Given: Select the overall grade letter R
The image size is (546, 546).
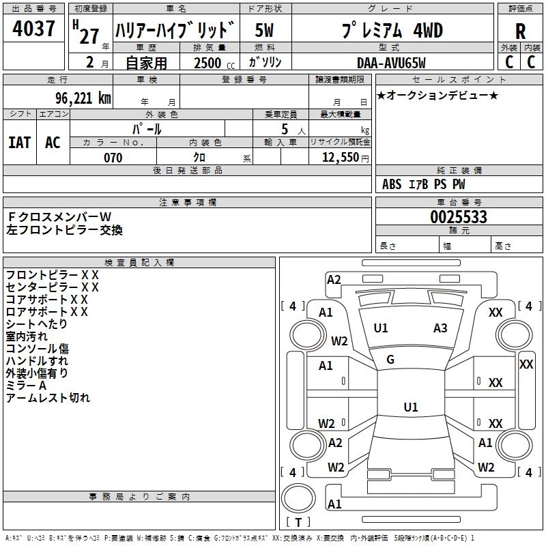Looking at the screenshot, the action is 520,31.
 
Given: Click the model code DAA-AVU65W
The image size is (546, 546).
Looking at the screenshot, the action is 391,63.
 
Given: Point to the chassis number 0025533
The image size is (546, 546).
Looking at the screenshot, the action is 459,218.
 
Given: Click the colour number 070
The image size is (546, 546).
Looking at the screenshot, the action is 113,158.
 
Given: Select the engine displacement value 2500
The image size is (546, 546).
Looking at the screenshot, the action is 207,63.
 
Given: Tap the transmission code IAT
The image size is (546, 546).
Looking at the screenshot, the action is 19,142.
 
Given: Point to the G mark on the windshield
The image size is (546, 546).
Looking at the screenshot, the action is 390,360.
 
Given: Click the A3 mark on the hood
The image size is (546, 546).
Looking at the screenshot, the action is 440,328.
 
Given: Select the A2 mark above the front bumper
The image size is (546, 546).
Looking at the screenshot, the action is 334,279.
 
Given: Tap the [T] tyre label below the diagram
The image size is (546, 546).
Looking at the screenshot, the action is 298,523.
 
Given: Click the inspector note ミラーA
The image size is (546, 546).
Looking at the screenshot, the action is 26,386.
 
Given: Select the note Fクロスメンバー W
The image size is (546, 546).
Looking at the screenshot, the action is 59,217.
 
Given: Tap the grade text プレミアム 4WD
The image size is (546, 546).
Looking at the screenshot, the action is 391,31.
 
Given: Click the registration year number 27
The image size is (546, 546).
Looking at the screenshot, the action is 89,35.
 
